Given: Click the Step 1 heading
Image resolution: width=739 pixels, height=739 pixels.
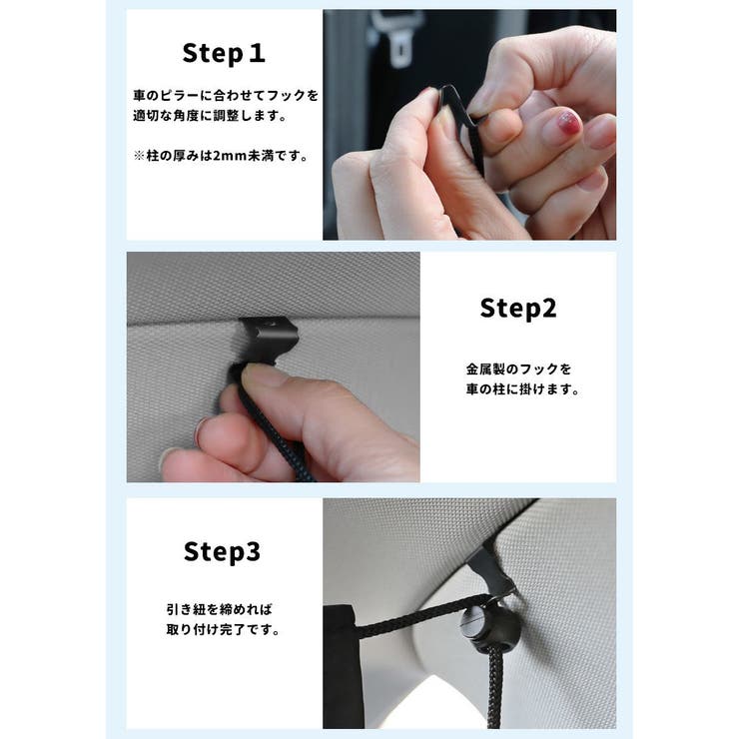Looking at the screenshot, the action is point(224,53).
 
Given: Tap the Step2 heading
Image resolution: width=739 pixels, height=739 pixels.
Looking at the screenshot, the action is point(518,309).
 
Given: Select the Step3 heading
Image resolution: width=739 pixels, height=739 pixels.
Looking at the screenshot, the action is point(222,551).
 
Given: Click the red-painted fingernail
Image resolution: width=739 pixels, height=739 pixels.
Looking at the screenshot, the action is point(569,123).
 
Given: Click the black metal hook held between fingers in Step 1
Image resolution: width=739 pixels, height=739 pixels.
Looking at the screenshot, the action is point(464,124).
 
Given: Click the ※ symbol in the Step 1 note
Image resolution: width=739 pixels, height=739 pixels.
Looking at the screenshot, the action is point(139,156).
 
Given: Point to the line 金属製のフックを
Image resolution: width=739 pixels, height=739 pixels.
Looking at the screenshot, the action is point(518,369).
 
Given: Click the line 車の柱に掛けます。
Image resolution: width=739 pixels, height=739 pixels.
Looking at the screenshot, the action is point(522,389).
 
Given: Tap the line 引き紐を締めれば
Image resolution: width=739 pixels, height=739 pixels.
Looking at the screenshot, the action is point(219,609).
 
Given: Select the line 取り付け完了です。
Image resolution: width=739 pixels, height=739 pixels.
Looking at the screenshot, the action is point(223,630).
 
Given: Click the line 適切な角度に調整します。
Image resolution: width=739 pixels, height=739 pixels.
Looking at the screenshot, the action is point(210,116).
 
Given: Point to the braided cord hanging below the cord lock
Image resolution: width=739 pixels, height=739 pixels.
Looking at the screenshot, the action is point(494,688).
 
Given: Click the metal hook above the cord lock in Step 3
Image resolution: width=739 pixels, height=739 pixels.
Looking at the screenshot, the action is point(489,571).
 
